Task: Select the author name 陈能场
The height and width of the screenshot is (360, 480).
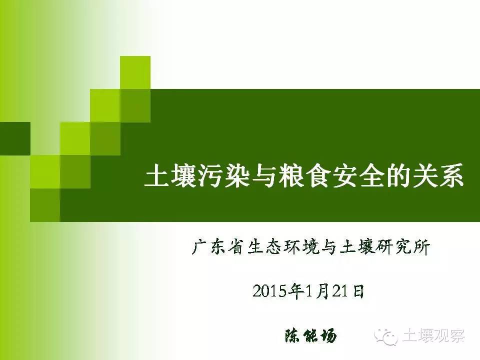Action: pyautogui.click(x=310, y=336)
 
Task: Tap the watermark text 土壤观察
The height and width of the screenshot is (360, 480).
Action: pyautogui.click(x=433, y=336)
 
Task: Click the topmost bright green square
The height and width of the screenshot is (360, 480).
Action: pyautogui.click(x=135, y=72)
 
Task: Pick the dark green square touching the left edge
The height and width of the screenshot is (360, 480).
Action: pyautogui.click(x=15, y=138)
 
